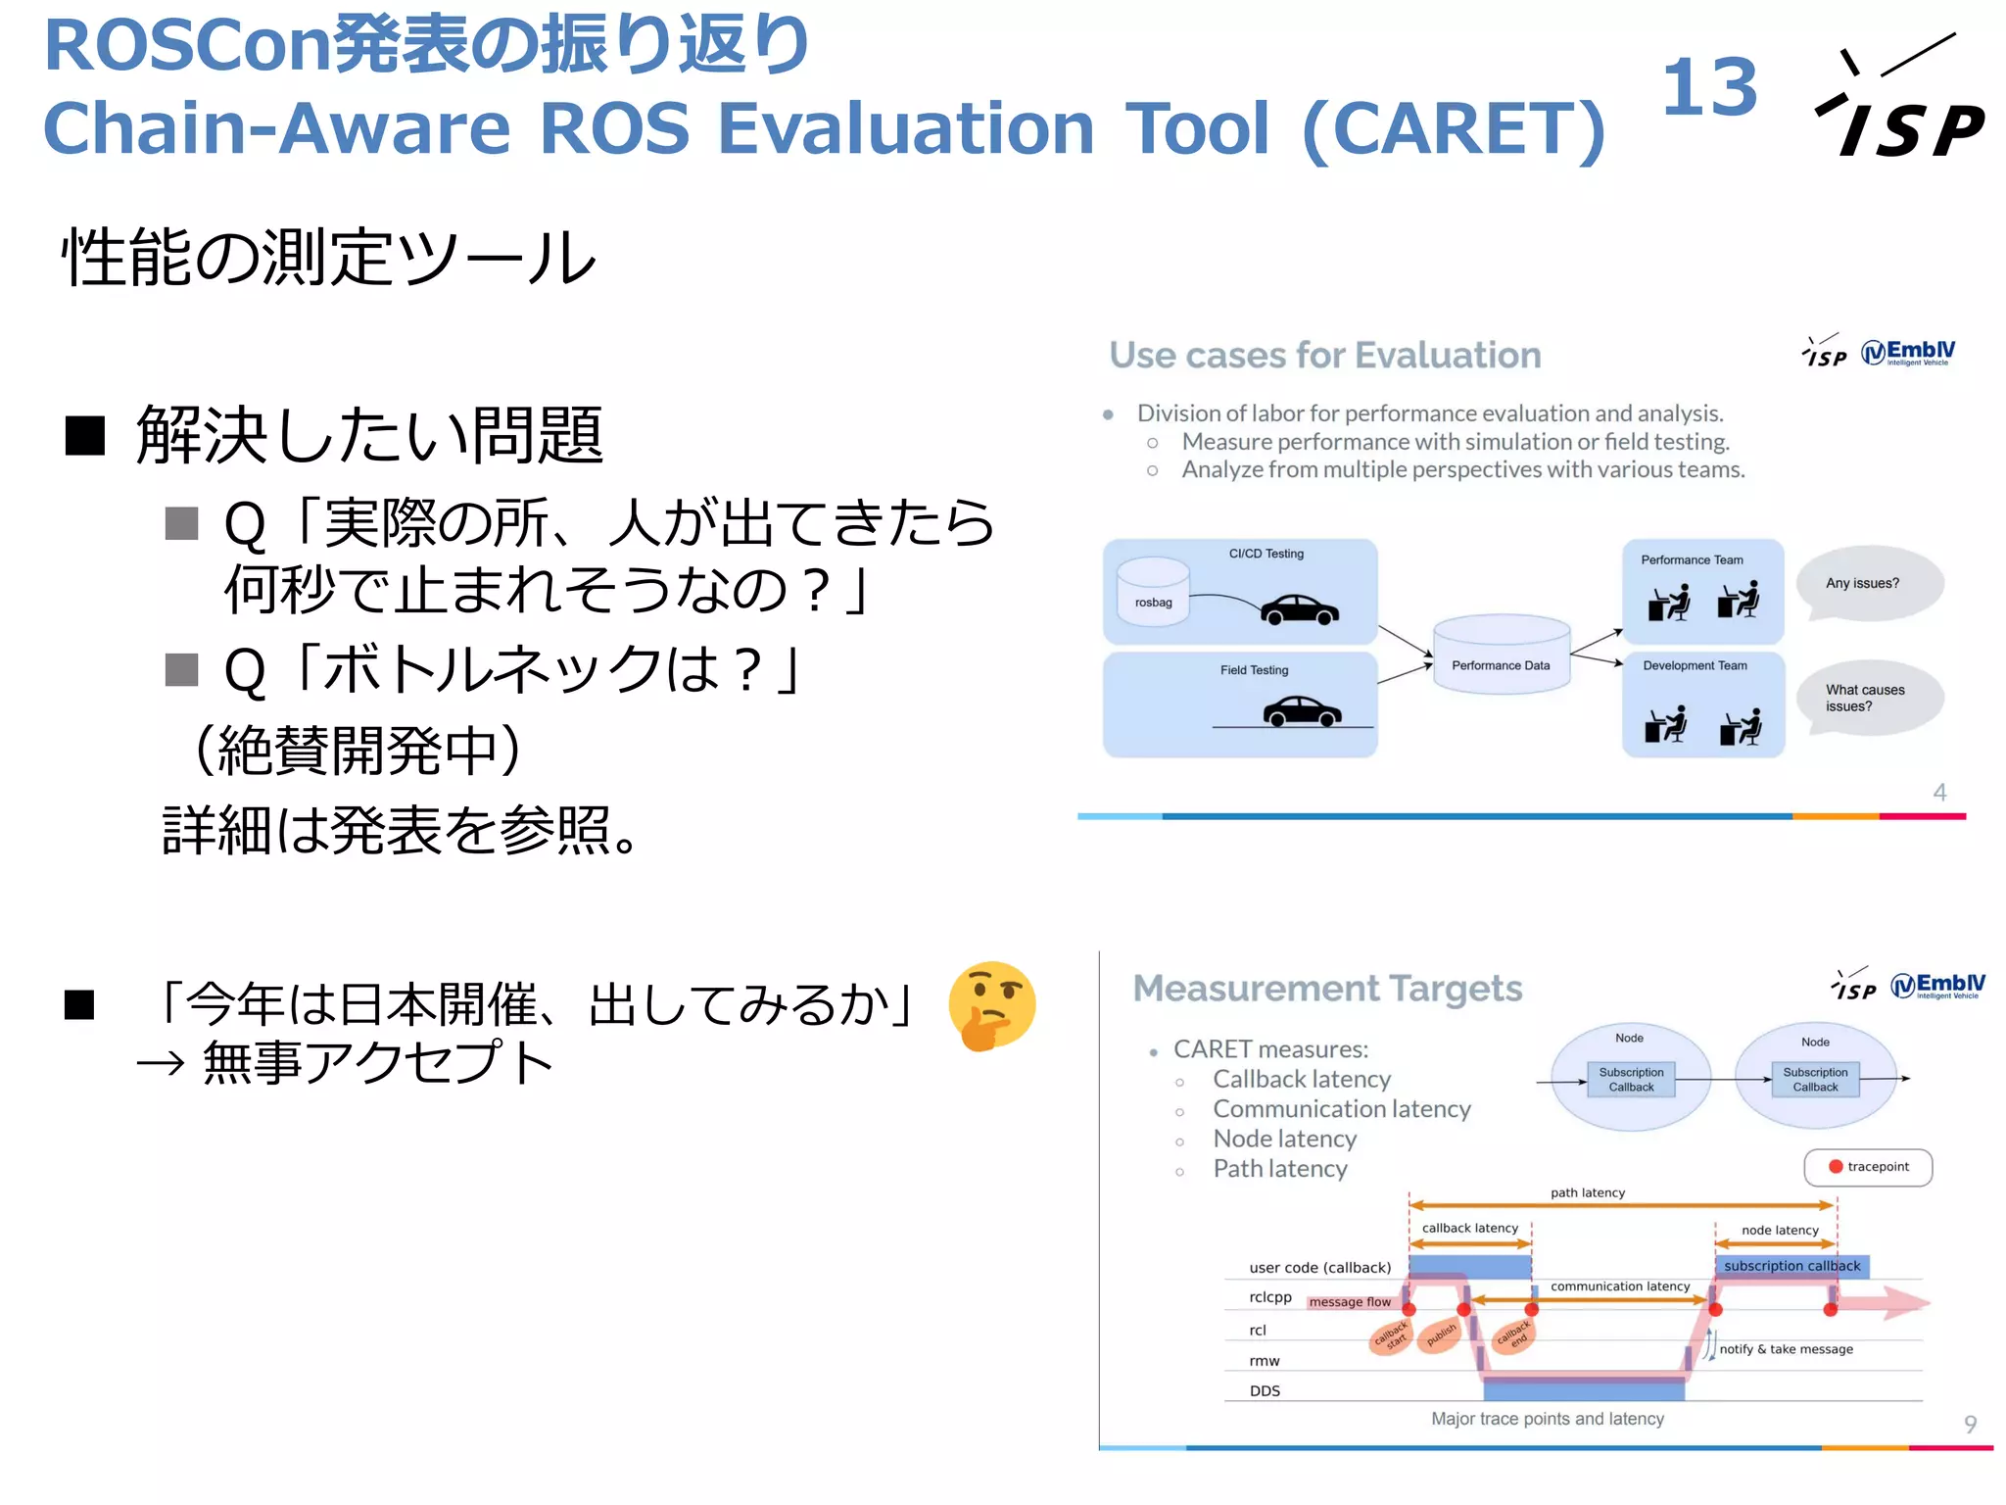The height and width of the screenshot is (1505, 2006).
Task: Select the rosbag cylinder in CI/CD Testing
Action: click(x=1153, y=590)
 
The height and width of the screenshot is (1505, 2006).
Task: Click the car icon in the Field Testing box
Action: click(x=1302, y=710)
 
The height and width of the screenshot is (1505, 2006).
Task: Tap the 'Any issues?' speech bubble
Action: click(x=1867, y=583)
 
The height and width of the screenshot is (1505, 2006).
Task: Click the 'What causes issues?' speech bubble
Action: click(x=1867, y=698)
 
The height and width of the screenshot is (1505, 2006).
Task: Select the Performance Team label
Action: click(x=1692, y=559)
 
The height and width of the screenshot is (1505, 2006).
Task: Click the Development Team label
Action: click(x=1695, y=665)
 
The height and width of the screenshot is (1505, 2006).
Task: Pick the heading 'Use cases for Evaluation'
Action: click(x=1324, y=355)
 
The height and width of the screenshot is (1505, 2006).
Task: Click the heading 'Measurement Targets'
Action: click(x=1327, y=988)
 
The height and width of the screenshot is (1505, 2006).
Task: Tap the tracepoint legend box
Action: click(x=1867, y=1167)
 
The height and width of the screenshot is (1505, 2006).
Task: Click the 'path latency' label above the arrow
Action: click(x=1587, y=1192)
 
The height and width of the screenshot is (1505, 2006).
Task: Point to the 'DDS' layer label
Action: click(x=1265, y=1390)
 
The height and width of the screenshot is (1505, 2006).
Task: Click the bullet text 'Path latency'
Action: click(x=1279, y=1169)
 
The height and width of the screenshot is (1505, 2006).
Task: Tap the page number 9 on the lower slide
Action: click(x=1970, y=1424)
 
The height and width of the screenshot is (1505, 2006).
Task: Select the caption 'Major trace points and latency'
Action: click(x=1547, y=1419)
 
